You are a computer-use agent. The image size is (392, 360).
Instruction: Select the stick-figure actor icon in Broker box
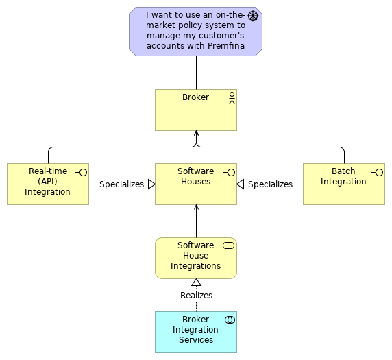coord(232,97)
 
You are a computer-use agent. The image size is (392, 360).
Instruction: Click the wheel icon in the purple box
coord(252,16)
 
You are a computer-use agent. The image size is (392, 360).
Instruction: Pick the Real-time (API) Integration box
coord(47,184)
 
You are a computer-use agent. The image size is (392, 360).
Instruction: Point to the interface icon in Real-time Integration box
coord(82,172)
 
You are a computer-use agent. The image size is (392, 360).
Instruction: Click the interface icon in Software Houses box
coord(230,172)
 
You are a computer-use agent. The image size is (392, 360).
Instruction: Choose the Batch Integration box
coord(343,184)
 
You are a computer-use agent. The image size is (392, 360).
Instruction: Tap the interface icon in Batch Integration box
coord(378,172)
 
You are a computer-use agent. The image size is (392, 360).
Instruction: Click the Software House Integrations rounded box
coord(195,258)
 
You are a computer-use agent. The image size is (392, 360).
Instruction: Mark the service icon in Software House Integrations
coord(229,245)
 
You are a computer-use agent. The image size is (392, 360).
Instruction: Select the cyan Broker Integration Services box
coord(195,332)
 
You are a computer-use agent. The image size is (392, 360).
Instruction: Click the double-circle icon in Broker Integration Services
coord(230,320)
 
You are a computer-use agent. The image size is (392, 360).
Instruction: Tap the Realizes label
coord(196,296)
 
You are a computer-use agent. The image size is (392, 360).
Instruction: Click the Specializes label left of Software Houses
coord(121,184)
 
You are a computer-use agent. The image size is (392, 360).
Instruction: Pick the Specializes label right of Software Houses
coord(270,184)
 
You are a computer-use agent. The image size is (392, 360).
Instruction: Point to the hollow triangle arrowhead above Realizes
coord(196,283)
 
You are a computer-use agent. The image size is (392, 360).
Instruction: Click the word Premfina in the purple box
coord(217,46)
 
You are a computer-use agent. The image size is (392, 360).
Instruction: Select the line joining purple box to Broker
coord(196,72)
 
